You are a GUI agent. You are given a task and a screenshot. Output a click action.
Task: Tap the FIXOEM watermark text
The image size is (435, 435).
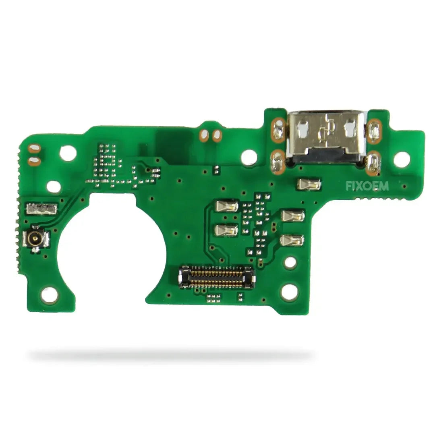[367, 186]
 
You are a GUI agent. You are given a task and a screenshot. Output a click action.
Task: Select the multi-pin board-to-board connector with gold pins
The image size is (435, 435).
[217, 277]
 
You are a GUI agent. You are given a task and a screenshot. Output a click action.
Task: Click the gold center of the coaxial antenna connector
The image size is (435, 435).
[35, 238]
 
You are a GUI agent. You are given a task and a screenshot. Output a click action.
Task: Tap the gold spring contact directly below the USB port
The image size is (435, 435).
[309, 184]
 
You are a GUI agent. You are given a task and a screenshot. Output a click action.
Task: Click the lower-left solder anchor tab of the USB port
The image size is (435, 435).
[278, 163]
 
